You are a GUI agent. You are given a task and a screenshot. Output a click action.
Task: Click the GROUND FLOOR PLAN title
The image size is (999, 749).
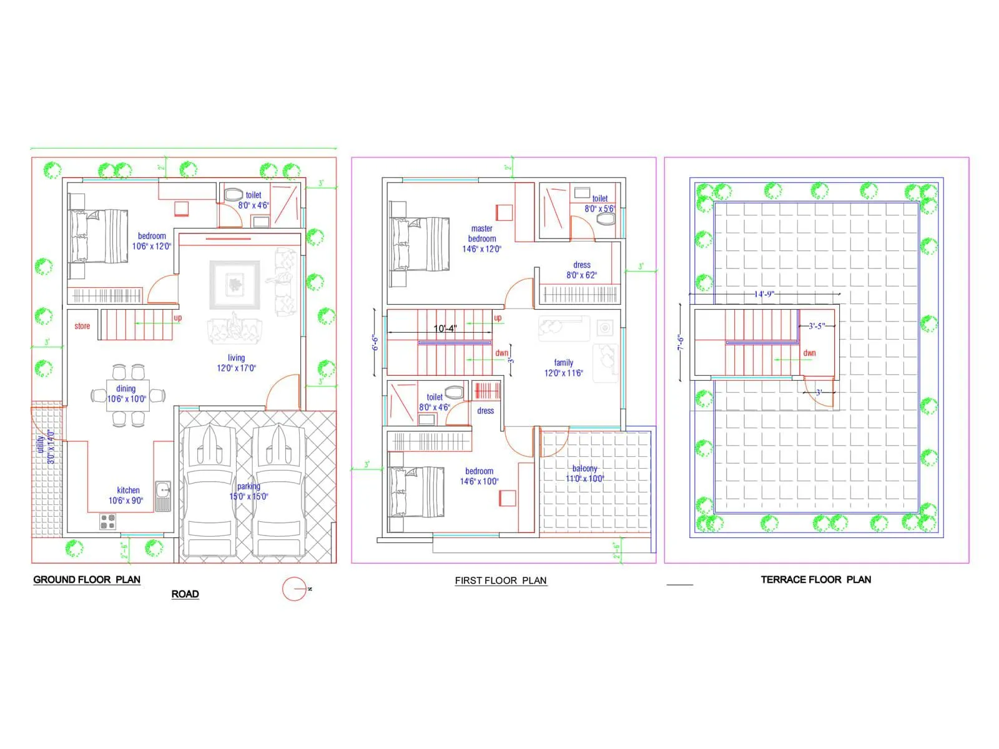click(87, 580)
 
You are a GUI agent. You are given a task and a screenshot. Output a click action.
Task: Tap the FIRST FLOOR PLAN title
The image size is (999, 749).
click(501, 580)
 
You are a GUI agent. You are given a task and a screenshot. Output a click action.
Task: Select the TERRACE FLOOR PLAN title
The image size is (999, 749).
click(815, 580)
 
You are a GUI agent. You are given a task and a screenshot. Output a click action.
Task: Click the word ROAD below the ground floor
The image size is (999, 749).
click(185, 594)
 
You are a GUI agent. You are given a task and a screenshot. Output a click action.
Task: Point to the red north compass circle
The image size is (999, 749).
click(294, 589)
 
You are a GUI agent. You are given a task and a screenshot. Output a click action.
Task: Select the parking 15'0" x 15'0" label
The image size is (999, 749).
click(249, 492)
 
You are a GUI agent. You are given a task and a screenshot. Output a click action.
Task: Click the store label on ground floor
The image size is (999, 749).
click(82, 326)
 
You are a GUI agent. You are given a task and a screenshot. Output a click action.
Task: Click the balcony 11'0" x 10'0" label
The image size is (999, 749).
click(584, 474)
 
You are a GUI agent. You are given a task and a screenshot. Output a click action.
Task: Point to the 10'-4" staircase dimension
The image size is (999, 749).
click(445, 328)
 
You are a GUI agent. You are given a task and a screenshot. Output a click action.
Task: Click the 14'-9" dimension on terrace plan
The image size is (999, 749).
click(764, 294)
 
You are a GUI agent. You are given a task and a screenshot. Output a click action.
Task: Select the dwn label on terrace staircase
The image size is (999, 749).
click(809, 353)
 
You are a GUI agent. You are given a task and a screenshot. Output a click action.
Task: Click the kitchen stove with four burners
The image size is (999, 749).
click(107, 521)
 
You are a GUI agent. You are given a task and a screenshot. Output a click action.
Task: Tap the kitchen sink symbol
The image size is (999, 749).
click(163, 496)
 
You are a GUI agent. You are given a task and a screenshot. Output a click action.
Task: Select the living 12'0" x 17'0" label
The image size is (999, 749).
click(236, 363)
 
